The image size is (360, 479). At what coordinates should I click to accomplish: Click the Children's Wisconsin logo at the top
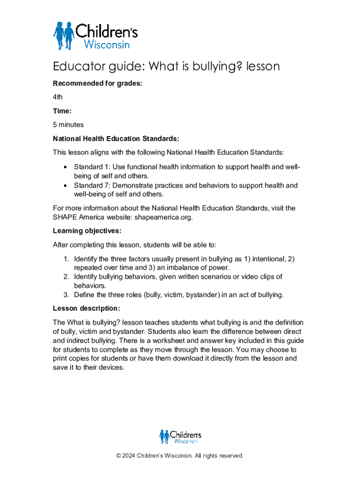click(x=95, y=35)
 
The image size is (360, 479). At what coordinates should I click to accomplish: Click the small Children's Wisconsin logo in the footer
click(x=180, y=437)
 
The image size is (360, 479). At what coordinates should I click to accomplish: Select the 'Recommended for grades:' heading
click(x=97, y=84)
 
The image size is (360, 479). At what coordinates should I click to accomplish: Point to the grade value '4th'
click(x=58, y=97)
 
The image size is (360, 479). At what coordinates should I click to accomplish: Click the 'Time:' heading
click(x=62, y=111)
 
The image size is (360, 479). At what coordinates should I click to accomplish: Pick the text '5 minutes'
click(x=68, y=125)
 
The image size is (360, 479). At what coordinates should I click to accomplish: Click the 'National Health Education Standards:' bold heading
click(x=116, y=139)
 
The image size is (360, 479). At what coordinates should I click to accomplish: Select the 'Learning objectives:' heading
click(x=87, y=231)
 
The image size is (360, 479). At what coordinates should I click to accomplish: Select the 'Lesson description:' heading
click(x=86, y=309)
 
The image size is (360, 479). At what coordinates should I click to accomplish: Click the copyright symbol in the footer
click(x=119, y=456)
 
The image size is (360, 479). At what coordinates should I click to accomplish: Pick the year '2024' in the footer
click(x=131, y=456)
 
